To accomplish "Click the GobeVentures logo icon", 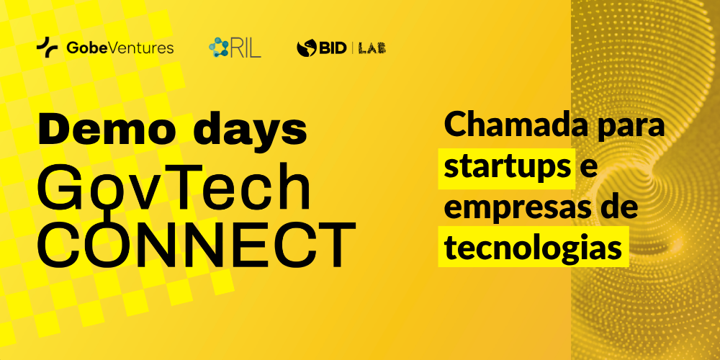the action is [48, 47].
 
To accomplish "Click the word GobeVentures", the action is [120, 48].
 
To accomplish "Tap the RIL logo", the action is [235, 48].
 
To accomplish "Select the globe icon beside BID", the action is [306, 48].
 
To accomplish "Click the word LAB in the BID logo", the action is [372, 48].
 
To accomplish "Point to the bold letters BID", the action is [332, 48].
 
